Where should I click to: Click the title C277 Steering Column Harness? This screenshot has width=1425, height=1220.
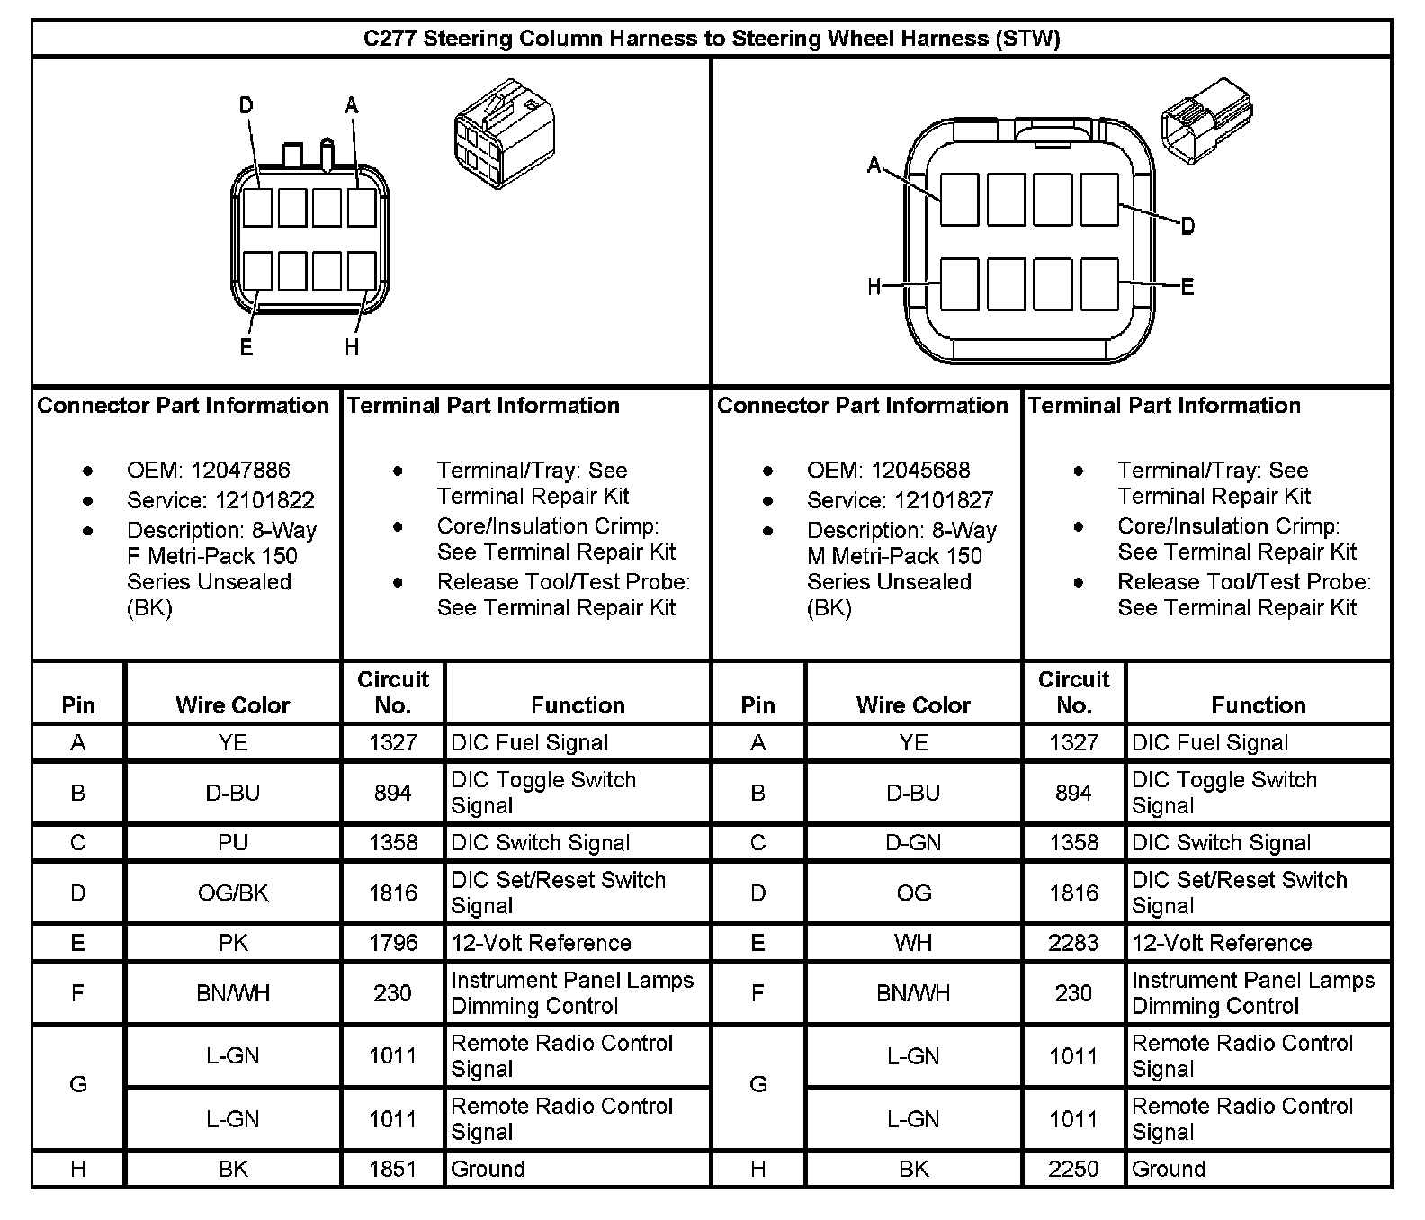coord(711,39)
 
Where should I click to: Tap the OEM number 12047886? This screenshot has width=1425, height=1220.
coord(209,470)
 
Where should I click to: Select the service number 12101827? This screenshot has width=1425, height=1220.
coord(900,500)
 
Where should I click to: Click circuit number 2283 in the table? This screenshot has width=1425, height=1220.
coord(1073,943)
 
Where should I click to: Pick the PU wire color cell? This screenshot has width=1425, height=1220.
coord(233,843)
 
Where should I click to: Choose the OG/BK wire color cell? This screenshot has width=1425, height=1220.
coord(233,893)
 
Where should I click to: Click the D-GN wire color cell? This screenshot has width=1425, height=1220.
coord(913,843)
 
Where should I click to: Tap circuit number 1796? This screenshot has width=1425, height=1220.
coord(393,943)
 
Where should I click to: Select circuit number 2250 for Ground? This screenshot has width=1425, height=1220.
coord(1073,1169)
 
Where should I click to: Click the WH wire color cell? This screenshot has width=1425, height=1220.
coord(913,943)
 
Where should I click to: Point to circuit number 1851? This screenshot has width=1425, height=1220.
coord(393,1169)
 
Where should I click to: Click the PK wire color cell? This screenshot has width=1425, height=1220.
coord(233,943)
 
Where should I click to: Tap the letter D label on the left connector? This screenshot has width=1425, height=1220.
coord(246,106)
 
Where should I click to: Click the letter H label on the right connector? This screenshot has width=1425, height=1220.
coord(874,287)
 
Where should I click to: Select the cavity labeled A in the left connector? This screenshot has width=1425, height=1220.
coord(362,207)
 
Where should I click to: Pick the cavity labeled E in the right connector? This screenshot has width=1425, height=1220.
coord(1099,283)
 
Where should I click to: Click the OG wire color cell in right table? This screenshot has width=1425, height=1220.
coord(913,893)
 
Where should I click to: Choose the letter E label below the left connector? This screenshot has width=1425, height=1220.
coord(246,347)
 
